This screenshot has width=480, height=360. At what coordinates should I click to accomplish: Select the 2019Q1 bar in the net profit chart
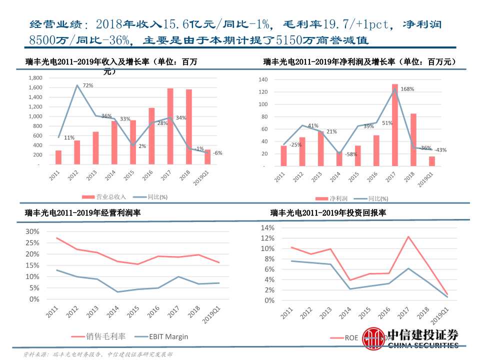pos(431,161)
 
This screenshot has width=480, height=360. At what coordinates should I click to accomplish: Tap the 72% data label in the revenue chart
pos(88,85)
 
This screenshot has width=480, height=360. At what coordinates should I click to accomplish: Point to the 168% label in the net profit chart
pos(407,89)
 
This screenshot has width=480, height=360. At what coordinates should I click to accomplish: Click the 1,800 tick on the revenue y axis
pos(35,78)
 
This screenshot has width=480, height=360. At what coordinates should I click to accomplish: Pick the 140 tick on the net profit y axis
pos(264,80)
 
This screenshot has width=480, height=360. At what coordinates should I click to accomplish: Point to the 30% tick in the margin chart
pos(31,231)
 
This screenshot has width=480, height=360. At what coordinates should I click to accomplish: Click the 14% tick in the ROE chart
pos(267,227)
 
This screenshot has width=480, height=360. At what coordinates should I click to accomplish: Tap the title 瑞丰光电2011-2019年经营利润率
pos(83,212)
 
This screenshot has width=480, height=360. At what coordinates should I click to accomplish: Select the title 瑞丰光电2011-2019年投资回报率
pos(328,212)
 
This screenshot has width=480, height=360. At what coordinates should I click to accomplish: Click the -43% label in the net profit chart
pos(440,150)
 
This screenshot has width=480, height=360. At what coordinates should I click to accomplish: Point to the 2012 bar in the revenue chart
pos(77,152)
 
